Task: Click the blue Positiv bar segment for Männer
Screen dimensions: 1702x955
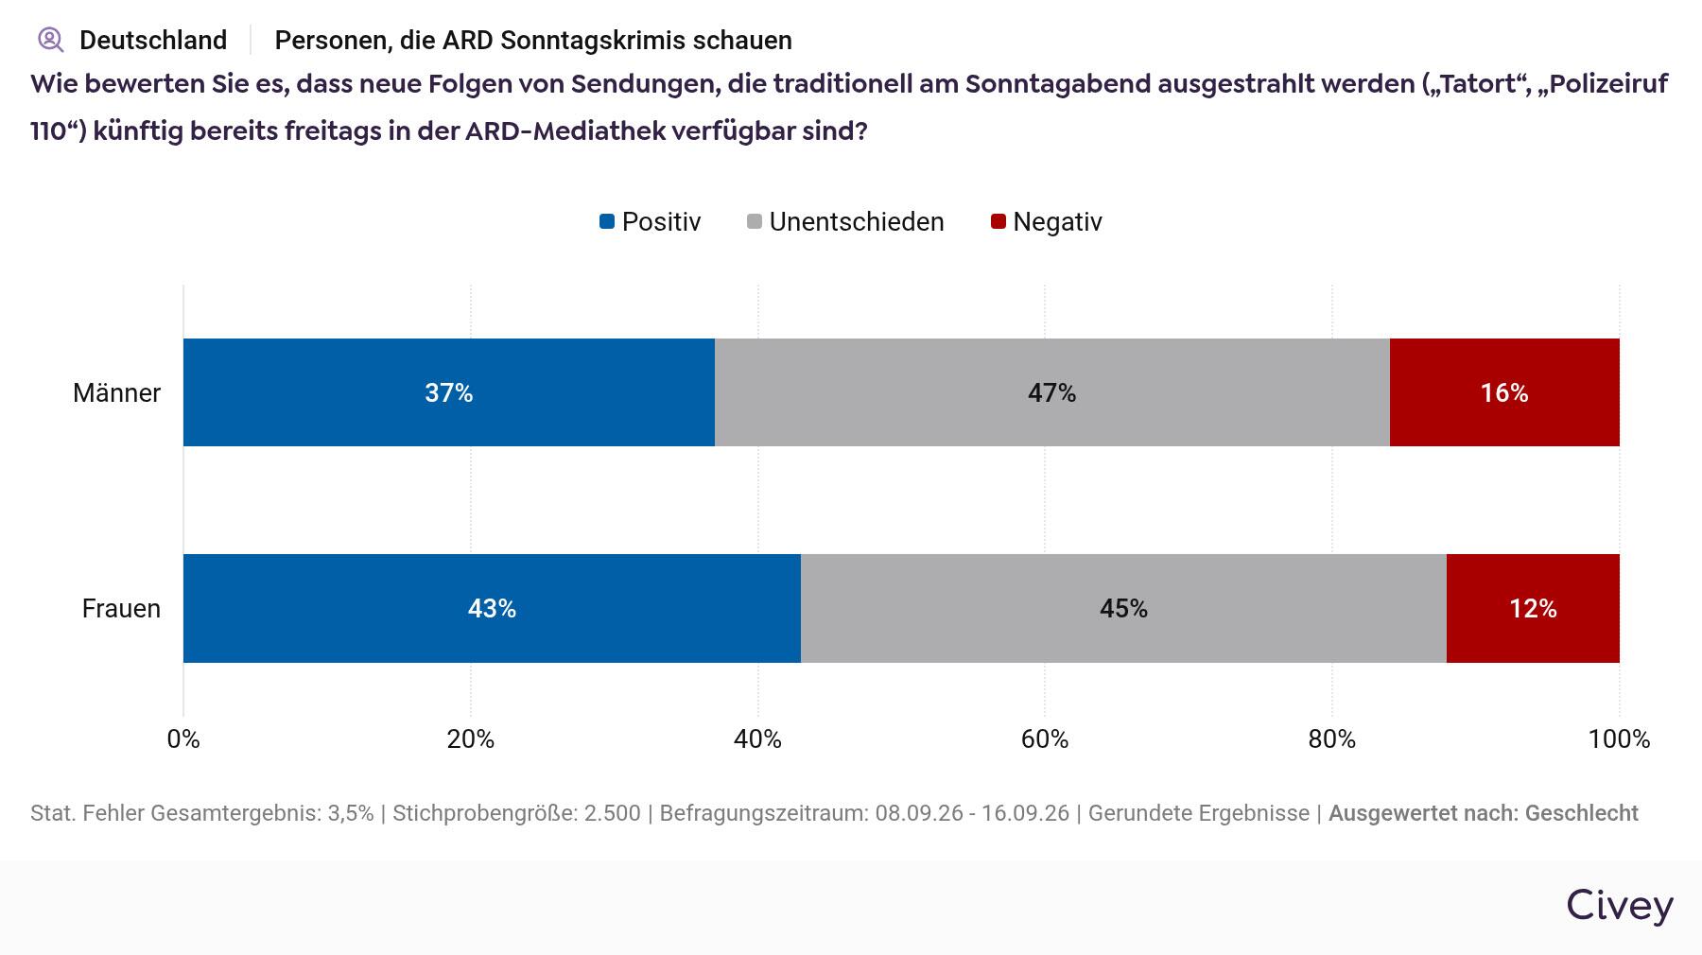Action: pos(449,392)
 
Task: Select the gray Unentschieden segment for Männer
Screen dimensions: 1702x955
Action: pos(1052,392)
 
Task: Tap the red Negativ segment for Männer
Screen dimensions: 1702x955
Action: pos(1504,392)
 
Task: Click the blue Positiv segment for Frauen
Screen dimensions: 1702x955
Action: pos(492,608)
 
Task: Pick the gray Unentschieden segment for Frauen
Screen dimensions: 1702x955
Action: pos(1123,608)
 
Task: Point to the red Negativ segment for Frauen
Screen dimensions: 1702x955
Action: pos(1533,608)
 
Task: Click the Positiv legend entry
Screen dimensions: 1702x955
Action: pos(651,222)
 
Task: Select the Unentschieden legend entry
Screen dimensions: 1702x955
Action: pos(845,222)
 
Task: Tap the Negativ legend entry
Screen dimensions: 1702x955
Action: pos(1047,222)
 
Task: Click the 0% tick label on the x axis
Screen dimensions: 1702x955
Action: pos(183,739)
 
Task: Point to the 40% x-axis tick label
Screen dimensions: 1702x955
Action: pos(757,739)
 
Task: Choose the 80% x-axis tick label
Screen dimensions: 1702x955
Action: pos(1332,739)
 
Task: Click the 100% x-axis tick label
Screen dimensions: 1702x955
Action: pos(1619,739)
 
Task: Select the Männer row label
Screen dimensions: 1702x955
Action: pos(116,392)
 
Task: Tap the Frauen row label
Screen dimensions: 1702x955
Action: pos(121,608)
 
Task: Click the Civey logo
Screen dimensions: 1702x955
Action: pos(1620,906)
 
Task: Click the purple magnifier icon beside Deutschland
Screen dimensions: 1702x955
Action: pos(50,40)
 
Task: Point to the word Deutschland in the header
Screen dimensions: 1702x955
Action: pos(153,40)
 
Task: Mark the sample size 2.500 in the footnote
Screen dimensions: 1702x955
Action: pos(612,813)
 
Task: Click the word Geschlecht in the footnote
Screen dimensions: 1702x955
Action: pos(1581,813)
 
